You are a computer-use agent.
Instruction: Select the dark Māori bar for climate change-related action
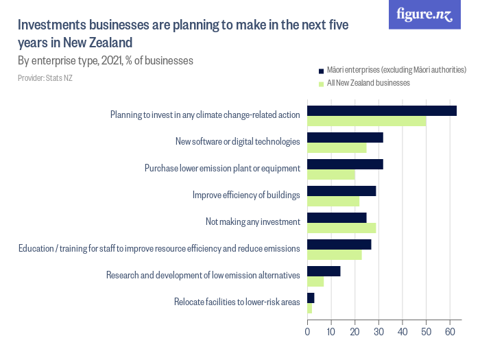[381, 110]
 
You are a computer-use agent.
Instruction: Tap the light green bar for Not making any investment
[341, 228]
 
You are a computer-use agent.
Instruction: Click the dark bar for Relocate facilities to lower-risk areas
[311, 298]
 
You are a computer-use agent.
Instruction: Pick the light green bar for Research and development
[315, 281]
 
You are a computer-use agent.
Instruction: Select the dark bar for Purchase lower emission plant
[345, 164]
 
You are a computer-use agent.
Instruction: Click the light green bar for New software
[336, 147]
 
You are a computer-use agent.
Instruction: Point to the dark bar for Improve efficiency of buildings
[341, 191]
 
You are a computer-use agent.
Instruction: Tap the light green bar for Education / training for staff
[334, 254]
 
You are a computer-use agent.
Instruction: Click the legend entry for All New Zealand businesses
[368, 83]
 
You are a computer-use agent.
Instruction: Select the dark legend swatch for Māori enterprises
[320, 70]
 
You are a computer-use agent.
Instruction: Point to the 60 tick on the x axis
[451, 332]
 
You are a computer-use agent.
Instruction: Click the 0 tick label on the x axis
[307, 332]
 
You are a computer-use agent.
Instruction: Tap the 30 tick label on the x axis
[379, 332]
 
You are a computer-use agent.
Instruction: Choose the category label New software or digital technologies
[237, 142]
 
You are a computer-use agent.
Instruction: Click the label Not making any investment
[252, 222]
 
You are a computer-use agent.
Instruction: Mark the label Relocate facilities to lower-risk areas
[237, 302]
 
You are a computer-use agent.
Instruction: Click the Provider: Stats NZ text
[45, 78]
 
